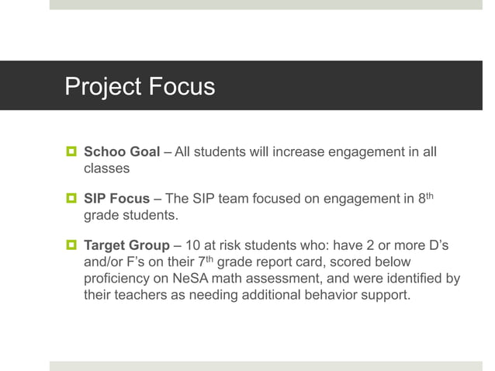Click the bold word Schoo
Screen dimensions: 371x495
tap(103, 151)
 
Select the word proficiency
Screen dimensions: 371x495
tap(118, 279)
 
